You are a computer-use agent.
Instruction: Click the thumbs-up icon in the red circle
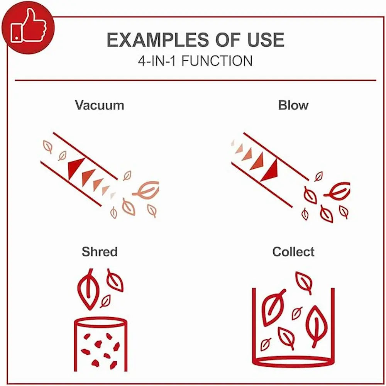coord(29,25)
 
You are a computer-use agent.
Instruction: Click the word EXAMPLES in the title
coord(158,40)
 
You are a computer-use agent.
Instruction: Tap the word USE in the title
coord(266,40)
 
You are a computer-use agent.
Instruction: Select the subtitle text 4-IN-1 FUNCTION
coord(195,61)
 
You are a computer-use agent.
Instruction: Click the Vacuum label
coord(100,105)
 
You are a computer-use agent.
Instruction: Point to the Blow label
coord(293,105)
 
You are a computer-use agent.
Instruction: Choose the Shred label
coord(100,252)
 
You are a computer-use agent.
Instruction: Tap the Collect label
coord(293,252)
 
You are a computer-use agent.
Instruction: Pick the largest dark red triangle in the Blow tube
coord(270,171)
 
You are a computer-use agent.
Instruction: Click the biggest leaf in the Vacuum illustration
coord(146,190)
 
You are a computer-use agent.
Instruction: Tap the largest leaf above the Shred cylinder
coord(88,289)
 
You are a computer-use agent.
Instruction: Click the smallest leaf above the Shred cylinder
coord(105,301)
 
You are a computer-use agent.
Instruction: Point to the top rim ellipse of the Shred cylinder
coord(101,322)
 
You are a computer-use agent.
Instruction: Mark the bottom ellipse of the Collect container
coord(293,362)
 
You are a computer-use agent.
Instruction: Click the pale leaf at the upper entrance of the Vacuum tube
coord(48,146)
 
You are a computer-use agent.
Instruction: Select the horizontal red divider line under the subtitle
coord(195,80)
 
